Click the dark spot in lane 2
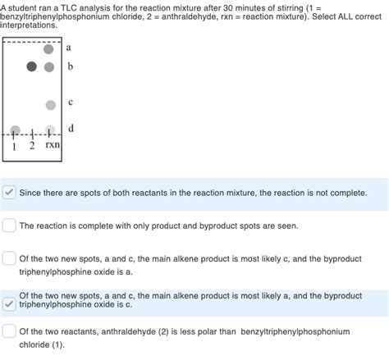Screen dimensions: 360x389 pyautogui.click(x=32, y=66)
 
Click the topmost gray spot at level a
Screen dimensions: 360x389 pyautogui.click(x=49, y=49)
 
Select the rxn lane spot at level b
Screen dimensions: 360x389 pyautogui.click(x=49, y=66)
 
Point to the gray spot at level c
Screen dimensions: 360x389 pyautogui.click(x=50, y=105)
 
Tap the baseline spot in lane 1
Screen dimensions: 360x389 pyautogui.click(x=15, y=130)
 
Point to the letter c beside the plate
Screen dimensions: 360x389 pyautogui.click(x=71, y=102)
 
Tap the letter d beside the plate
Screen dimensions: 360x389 pyautogui.click(x=71, y=127)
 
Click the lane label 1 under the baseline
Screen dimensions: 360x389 pyautogui.click(x=15, y=145)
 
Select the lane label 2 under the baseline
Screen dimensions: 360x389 pyautogui.click(x=31, y=145)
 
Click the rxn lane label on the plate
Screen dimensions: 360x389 pyautogui.click(x=52, y=145)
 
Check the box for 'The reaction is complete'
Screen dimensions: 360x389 pyautogui.click(x=9, y=225)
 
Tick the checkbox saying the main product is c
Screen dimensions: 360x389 pyautogui.click(x=9, y=258)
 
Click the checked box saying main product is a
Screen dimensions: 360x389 pyautogui.click(x=9, y=303)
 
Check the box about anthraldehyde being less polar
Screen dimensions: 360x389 pyautogui.click(x=9, y=331)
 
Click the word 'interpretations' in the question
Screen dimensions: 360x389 pyautogui.click(x=29, y=26)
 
